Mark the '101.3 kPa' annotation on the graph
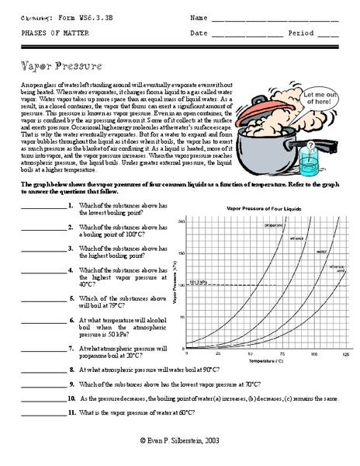tap(199, 281)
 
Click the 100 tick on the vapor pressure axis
tap(183, 284)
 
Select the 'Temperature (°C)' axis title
tap(264, 361)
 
